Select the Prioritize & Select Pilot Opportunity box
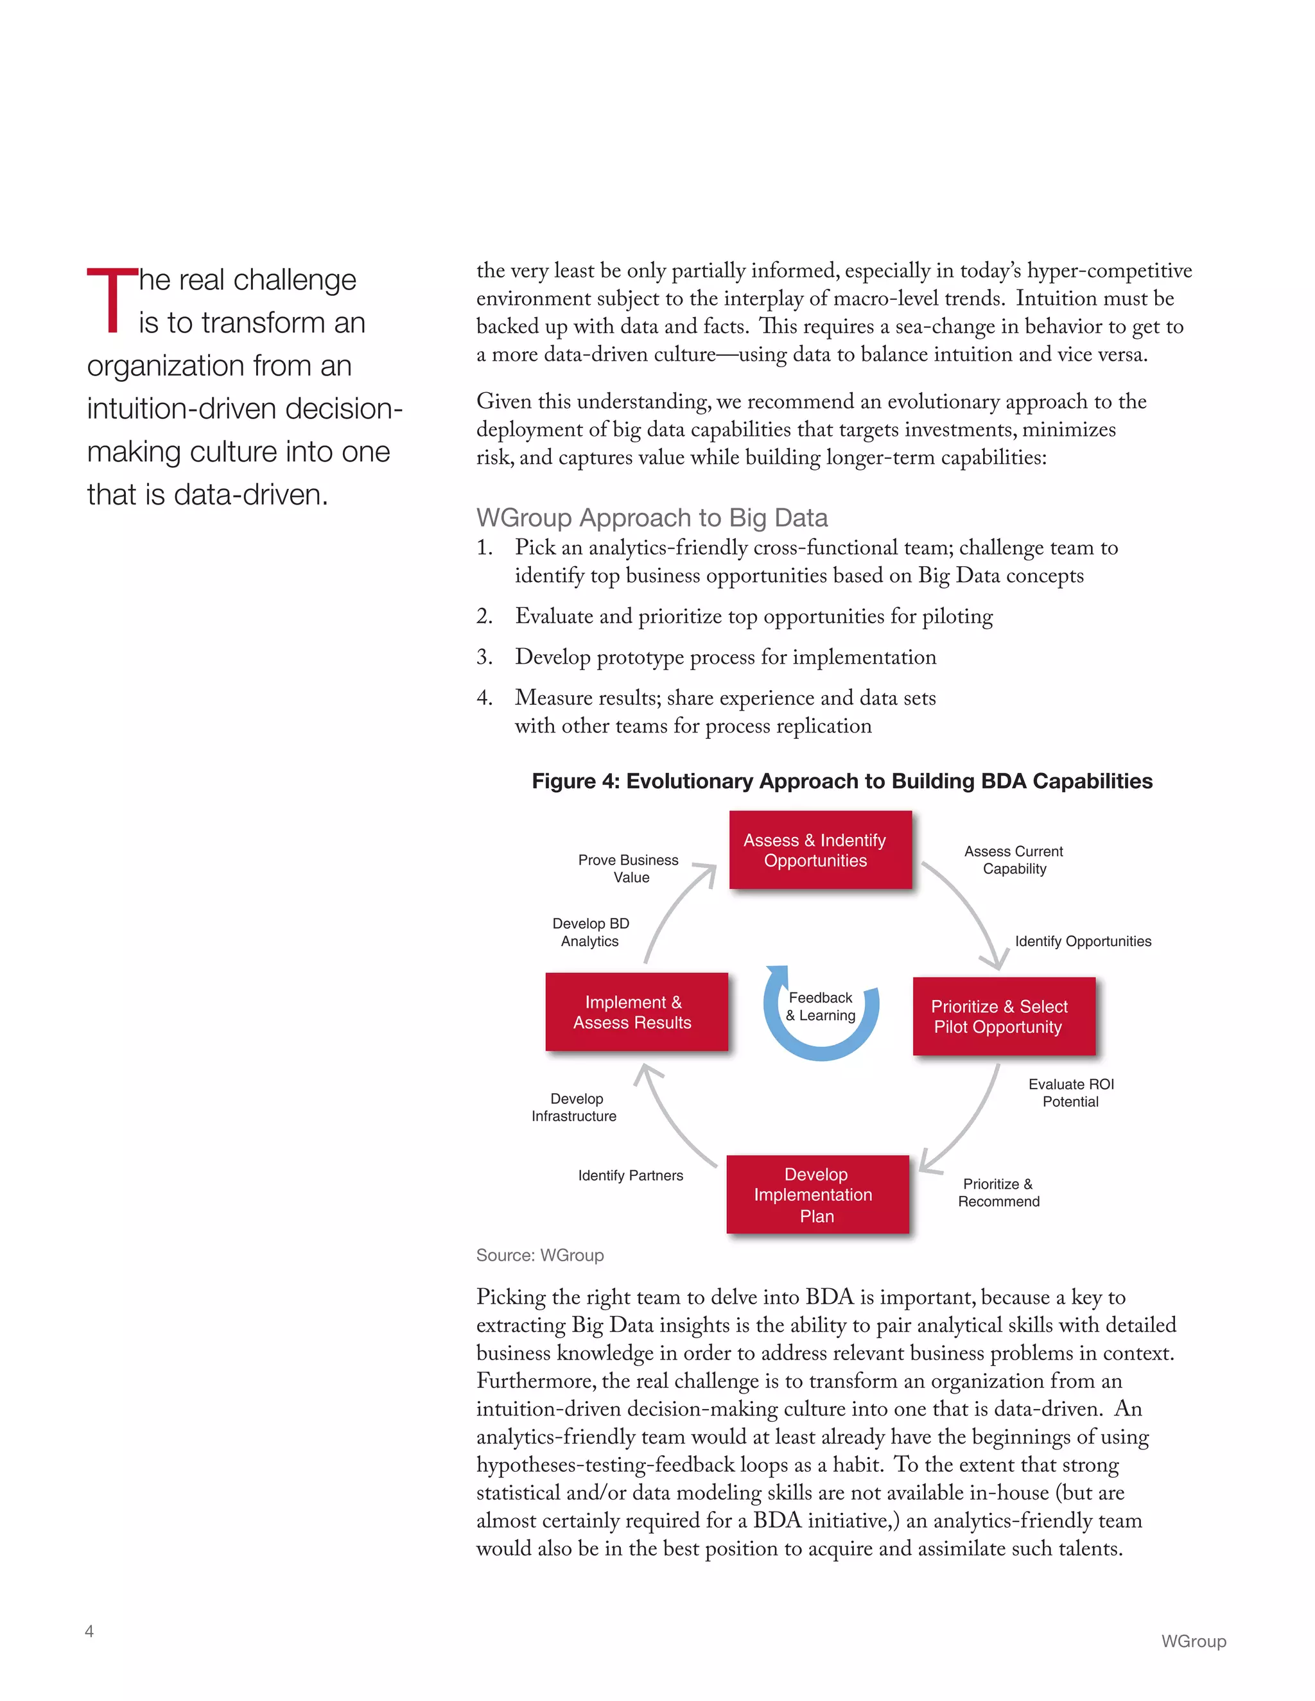point(1004,1016)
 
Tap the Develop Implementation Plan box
point(817,1194)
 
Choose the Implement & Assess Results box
point(636,1012)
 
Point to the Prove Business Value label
point(629,868)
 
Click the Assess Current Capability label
point(1013,860)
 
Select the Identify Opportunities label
point(1082,941)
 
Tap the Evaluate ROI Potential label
point(1070,1092)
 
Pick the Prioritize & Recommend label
point(998,1193)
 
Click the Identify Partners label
point(631,1175)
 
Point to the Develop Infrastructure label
point(574,1107)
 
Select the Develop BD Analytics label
point(591,932)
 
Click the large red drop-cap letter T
point(112,300)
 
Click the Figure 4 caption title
point(841,781)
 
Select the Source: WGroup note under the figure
point(540,1256)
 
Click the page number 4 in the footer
point(90,1631)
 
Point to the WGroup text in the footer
point(1193,1641)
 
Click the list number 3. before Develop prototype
point(485,657)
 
